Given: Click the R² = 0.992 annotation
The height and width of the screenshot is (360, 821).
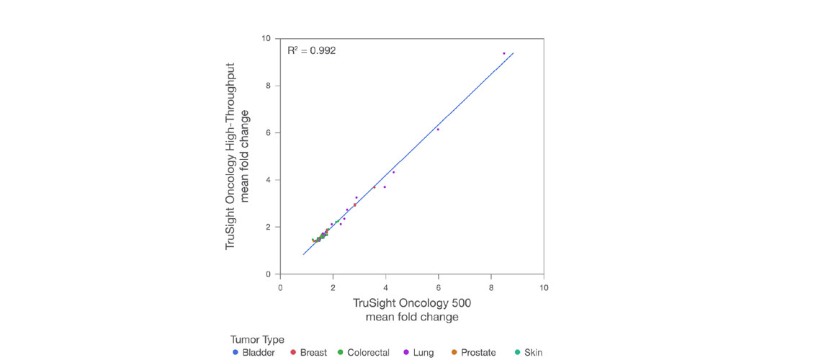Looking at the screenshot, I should (x=311, y=51).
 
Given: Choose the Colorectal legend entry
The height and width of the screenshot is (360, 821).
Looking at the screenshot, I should (x=364, y=353).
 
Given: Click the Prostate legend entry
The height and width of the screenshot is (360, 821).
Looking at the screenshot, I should (x=474, y=353).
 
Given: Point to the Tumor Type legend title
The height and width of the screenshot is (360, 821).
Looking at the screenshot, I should (x=257, y=340).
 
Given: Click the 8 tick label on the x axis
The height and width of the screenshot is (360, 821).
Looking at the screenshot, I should (x=491, y=287).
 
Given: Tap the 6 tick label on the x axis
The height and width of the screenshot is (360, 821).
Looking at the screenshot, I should (x=439, y=287).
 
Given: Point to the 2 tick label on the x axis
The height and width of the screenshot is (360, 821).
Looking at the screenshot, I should (x=333, y=287).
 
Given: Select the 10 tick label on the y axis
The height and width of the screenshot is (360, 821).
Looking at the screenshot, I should (x=266, y=38).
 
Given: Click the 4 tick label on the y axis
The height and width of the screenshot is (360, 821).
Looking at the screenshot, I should (x=269, y=180).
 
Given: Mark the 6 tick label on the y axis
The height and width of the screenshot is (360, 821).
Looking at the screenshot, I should (x=269, y=132).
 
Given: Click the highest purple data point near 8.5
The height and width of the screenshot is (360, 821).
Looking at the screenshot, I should (x=504, y=53).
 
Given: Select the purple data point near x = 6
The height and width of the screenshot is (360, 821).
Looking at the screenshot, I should (x=438, y=130).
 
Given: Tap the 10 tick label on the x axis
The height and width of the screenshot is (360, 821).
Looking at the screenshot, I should (x=544, y=287).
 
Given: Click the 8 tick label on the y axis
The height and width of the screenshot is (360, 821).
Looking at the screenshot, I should (x=269, y=86).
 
